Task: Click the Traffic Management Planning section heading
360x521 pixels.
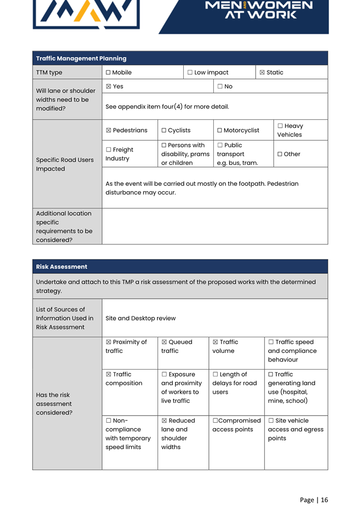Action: [81, 59]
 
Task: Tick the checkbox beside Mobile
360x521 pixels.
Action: [109, 73]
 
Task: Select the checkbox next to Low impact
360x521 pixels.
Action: [190, 73]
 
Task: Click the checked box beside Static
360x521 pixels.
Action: [262, 73]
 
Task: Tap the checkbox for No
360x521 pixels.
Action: [220, 86]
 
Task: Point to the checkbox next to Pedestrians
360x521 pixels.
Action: [109, 131]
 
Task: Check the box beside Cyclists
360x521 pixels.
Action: [164, 131]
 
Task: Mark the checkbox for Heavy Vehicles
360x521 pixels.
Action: [280, 126]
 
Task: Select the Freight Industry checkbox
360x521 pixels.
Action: [109, 150]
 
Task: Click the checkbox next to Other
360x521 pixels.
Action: [280, 154]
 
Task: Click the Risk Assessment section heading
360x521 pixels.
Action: [61, 267]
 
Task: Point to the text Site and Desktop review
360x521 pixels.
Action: [140, 319]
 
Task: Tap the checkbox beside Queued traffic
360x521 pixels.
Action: [164, 342]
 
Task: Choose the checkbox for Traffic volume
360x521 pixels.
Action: [215, 342]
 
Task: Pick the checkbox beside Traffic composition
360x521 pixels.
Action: [109, 374]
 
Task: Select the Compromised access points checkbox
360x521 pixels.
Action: [215, 421]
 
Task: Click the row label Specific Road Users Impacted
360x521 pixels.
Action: [64, 164]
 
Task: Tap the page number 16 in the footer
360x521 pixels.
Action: [325, 500]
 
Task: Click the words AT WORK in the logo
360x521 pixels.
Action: [261, 15]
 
